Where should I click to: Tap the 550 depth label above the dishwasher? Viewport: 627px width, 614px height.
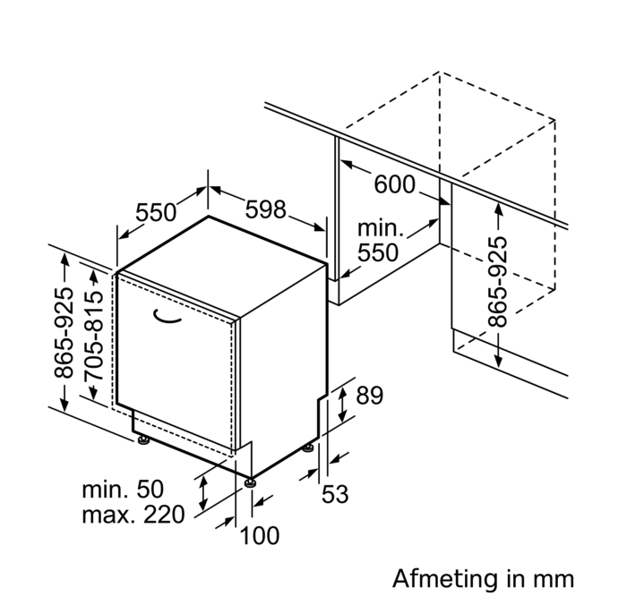tap(156, 213)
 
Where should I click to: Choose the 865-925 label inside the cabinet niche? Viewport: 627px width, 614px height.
tap(498, 281)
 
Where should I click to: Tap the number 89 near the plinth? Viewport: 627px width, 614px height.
tap(369, 395)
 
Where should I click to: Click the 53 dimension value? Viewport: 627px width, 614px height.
tap(335, 493)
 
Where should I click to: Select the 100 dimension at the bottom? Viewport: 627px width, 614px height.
tap(260, 536)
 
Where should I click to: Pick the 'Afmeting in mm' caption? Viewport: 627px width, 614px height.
tap(483, 577)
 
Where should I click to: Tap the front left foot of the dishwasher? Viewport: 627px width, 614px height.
tap(142, 439)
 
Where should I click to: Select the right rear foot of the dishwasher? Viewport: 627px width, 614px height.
tap(309, 448)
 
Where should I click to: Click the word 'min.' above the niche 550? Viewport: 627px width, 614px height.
tap(381, 229)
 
